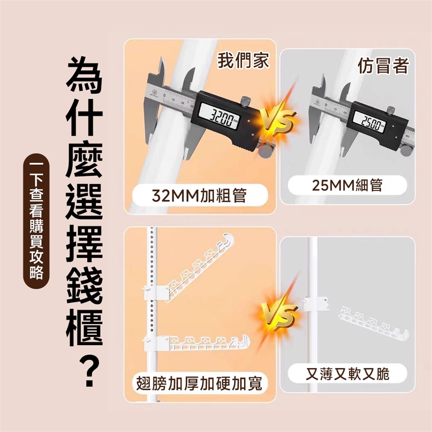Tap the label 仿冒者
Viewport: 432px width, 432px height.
(x=383, y=66)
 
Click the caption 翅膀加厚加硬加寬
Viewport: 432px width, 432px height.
(x=199, y=383)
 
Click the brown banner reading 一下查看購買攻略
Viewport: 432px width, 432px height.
(x=36, y=220)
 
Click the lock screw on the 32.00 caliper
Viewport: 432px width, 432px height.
(x=245, y=100)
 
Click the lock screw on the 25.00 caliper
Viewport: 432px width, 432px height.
(x=391, y=109)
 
